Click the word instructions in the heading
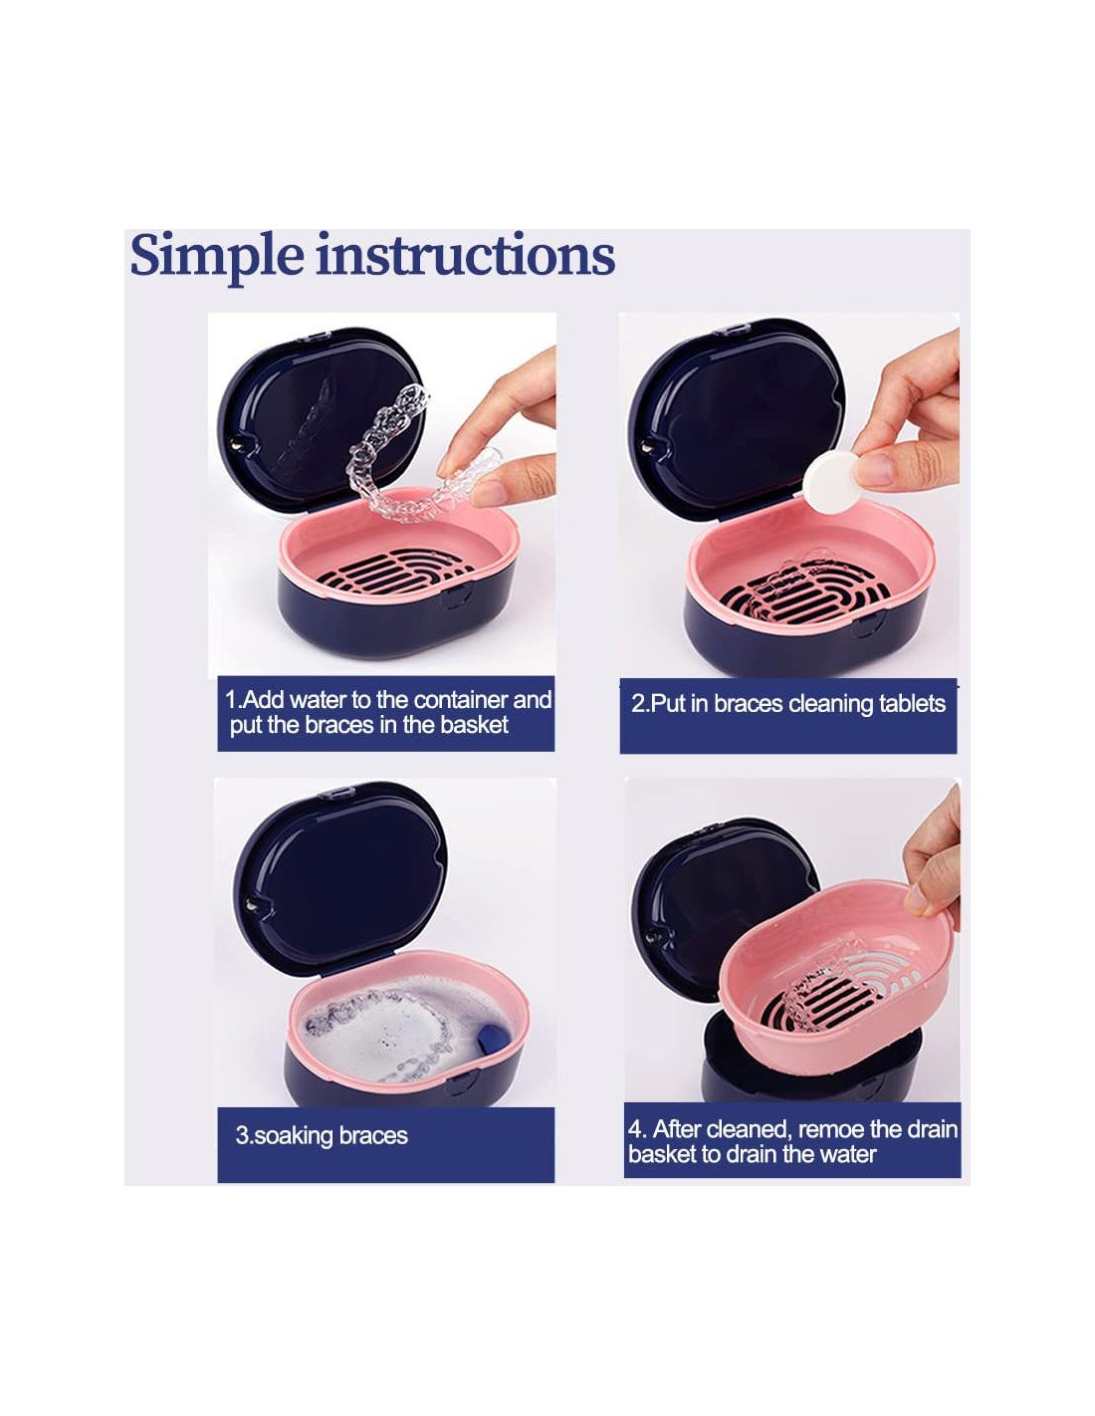pos(465,254)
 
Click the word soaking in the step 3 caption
pos(293,1136)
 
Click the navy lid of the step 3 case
pos(340,877)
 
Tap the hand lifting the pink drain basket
pos(932,857)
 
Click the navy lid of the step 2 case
pos(737,417)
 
